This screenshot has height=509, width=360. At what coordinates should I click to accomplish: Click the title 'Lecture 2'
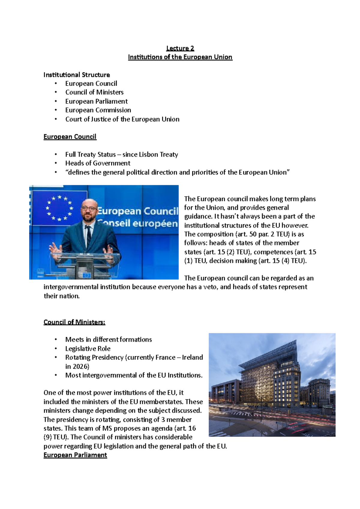point(180,48)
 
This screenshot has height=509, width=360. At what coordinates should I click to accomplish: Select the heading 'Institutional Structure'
point(76,75)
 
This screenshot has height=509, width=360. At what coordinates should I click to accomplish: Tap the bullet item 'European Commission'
point(98,110)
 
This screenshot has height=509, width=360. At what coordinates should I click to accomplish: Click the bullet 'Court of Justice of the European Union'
point(122,119)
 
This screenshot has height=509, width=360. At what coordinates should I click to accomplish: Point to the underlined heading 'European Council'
point(70,137)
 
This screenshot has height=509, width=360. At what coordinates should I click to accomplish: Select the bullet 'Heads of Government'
point(97,163)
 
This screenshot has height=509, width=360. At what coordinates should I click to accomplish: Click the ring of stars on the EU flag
point(59,208)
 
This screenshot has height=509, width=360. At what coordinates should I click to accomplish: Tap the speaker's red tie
point(88,237)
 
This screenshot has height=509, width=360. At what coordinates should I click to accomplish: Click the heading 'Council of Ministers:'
point(74,322)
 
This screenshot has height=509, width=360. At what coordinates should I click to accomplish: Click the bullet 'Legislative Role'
point(88,349)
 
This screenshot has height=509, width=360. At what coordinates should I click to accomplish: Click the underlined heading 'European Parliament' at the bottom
point(75,455)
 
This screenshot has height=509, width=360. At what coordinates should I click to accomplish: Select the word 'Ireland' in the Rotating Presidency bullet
point(192,357)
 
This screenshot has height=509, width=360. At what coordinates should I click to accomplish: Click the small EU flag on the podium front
point(87,275)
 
